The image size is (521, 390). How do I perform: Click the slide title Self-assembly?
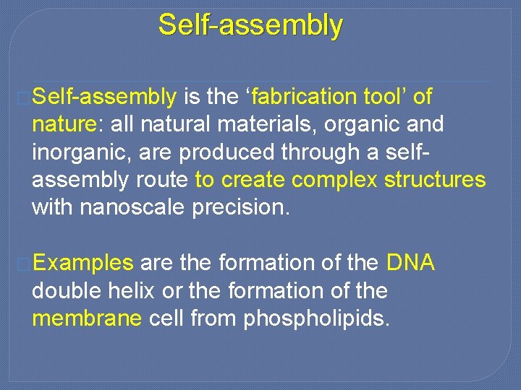pyautogui.click(x=250, y=25)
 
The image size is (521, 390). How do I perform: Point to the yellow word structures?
pyautogui.click(x=434, y=181)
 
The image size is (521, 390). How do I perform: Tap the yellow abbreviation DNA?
pyautogui.click(x=411, y=263)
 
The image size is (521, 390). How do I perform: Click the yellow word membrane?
pyautogui.click(x=87, y=318)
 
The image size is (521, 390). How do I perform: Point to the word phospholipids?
pyautogui.click(x=317, y=319)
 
